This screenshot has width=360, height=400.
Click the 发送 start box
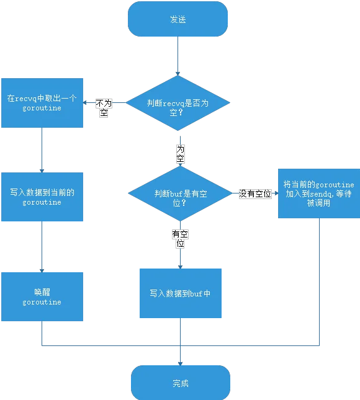[178, 19]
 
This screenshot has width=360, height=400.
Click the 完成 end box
[181, 383]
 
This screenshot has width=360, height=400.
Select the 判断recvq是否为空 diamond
[178, 103]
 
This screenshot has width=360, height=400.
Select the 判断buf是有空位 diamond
[180, 193]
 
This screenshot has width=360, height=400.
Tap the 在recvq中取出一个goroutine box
[42, 103]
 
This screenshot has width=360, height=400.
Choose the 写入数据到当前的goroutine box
[42, 197]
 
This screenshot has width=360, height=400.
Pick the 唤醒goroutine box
[42, 296]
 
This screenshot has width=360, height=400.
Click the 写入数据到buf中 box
[181, 293]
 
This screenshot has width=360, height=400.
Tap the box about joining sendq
[319, 193]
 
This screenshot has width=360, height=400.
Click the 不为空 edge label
[104, 108]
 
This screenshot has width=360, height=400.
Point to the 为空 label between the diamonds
[180, 154]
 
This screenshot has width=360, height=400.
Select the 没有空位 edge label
[255, 193]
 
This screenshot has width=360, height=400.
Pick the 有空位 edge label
[180, 239]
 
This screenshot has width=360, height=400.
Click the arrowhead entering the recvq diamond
[178, 73]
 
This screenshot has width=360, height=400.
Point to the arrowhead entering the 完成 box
[180, 363]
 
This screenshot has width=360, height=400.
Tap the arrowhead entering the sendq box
[276, 193]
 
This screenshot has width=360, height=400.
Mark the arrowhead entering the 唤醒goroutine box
[42, 270]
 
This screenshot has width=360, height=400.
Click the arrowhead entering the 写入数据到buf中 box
[180, 267]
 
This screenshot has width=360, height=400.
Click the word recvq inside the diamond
[173, 104]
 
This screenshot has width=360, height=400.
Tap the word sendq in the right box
[322, 194]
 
